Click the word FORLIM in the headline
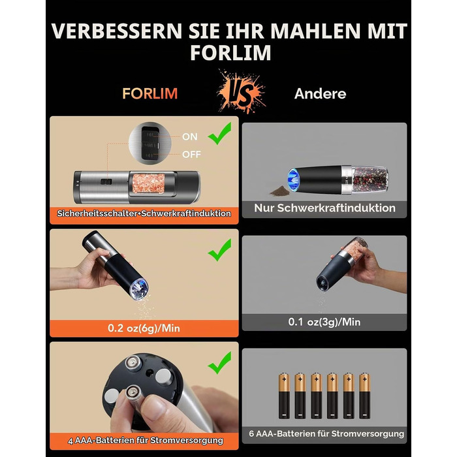[x=230, y=52]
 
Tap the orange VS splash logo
[x=241, y=91]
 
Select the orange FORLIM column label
[x=150, y=93]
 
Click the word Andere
[x=320, y=93]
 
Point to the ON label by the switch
[x=190, y=136]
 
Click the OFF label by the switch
[x=191, y=154]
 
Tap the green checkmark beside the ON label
[x=220, y=133]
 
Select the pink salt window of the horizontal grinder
[x=149, y=183]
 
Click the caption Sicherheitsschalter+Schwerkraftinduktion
[x=144, y=213]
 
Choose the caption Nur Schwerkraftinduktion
[x=324, y=208]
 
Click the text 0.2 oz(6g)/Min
[x=144, y=328]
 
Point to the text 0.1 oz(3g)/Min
[x=324, y=322]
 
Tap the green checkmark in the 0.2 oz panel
[x=220, y=250]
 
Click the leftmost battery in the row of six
[x=284, y=396]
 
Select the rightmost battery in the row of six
[x=364, y=396]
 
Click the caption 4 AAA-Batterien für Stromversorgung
[x=146, y=440]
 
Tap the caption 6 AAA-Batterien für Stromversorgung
[x=326, y=433]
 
